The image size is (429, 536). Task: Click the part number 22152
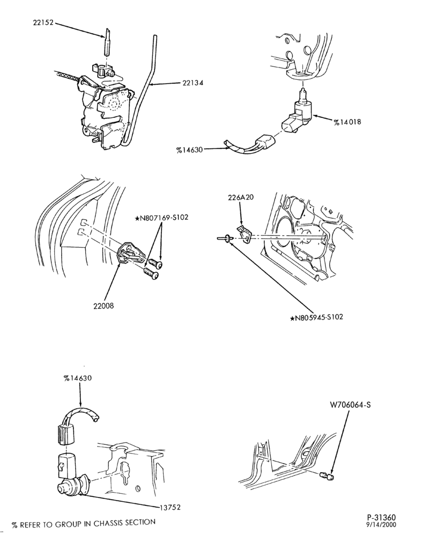(x=43, y=23)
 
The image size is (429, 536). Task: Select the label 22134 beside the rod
(x=193, y=83)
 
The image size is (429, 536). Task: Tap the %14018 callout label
(x=347, y=121)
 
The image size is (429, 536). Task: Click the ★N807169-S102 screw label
(x=161, y=218)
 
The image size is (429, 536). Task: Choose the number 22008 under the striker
(x=103, y=306)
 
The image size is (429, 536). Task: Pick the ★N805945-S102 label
(x=316, y=317)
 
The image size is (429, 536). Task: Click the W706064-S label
(x=350, y=405)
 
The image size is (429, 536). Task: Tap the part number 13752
(x=169, y=507)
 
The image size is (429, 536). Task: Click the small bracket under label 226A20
(x=245, y=234)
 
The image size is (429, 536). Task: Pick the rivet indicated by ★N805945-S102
(x=225, y=239)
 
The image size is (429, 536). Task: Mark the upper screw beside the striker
(x=155, y=263)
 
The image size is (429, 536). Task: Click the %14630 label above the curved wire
(x=78, y=378)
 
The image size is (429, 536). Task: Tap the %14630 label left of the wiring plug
(x=190, y=150)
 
